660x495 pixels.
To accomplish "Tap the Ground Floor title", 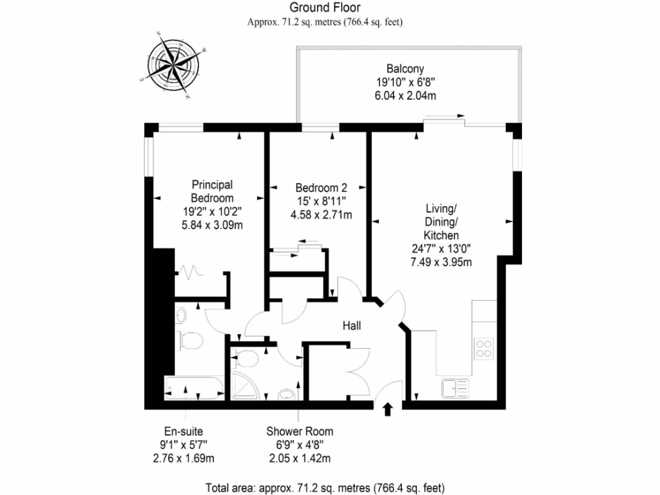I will [325, 8].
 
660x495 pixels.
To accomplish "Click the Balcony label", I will [405, 69].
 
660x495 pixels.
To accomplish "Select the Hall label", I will [351, 326].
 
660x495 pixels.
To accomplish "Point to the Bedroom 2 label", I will [321, 188].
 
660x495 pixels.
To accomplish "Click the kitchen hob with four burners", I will [483, 349].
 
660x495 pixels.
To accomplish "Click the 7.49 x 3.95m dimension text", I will [441, 262].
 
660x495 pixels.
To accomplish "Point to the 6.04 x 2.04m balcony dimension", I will [406, 95].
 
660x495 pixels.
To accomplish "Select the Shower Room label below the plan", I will [300, 431].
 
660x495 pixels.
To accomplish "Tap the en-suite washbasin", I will [180, 315].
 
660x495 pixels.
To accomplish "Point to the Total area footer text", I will [325, 487].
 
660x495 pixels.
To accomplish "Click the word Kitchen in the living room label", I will [441, 236].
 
